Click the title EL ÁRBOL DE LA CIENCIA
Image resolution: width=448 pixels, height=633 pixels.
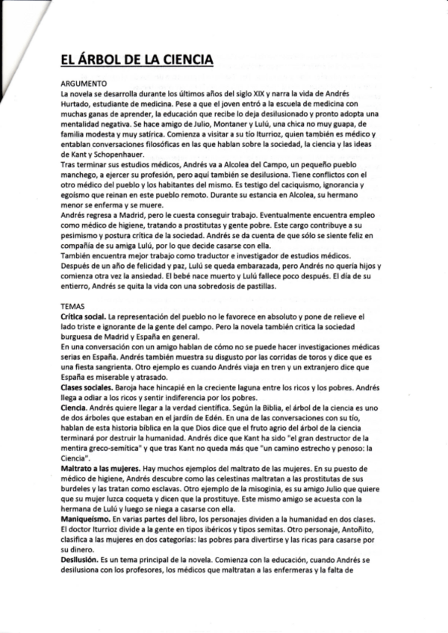(x=137, y=60)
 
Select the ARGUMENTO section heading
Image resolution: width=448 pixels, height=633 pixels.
(x=85, y=84)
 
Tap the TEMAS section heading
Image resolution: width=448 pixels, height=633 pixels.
(x=72, y=306)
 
